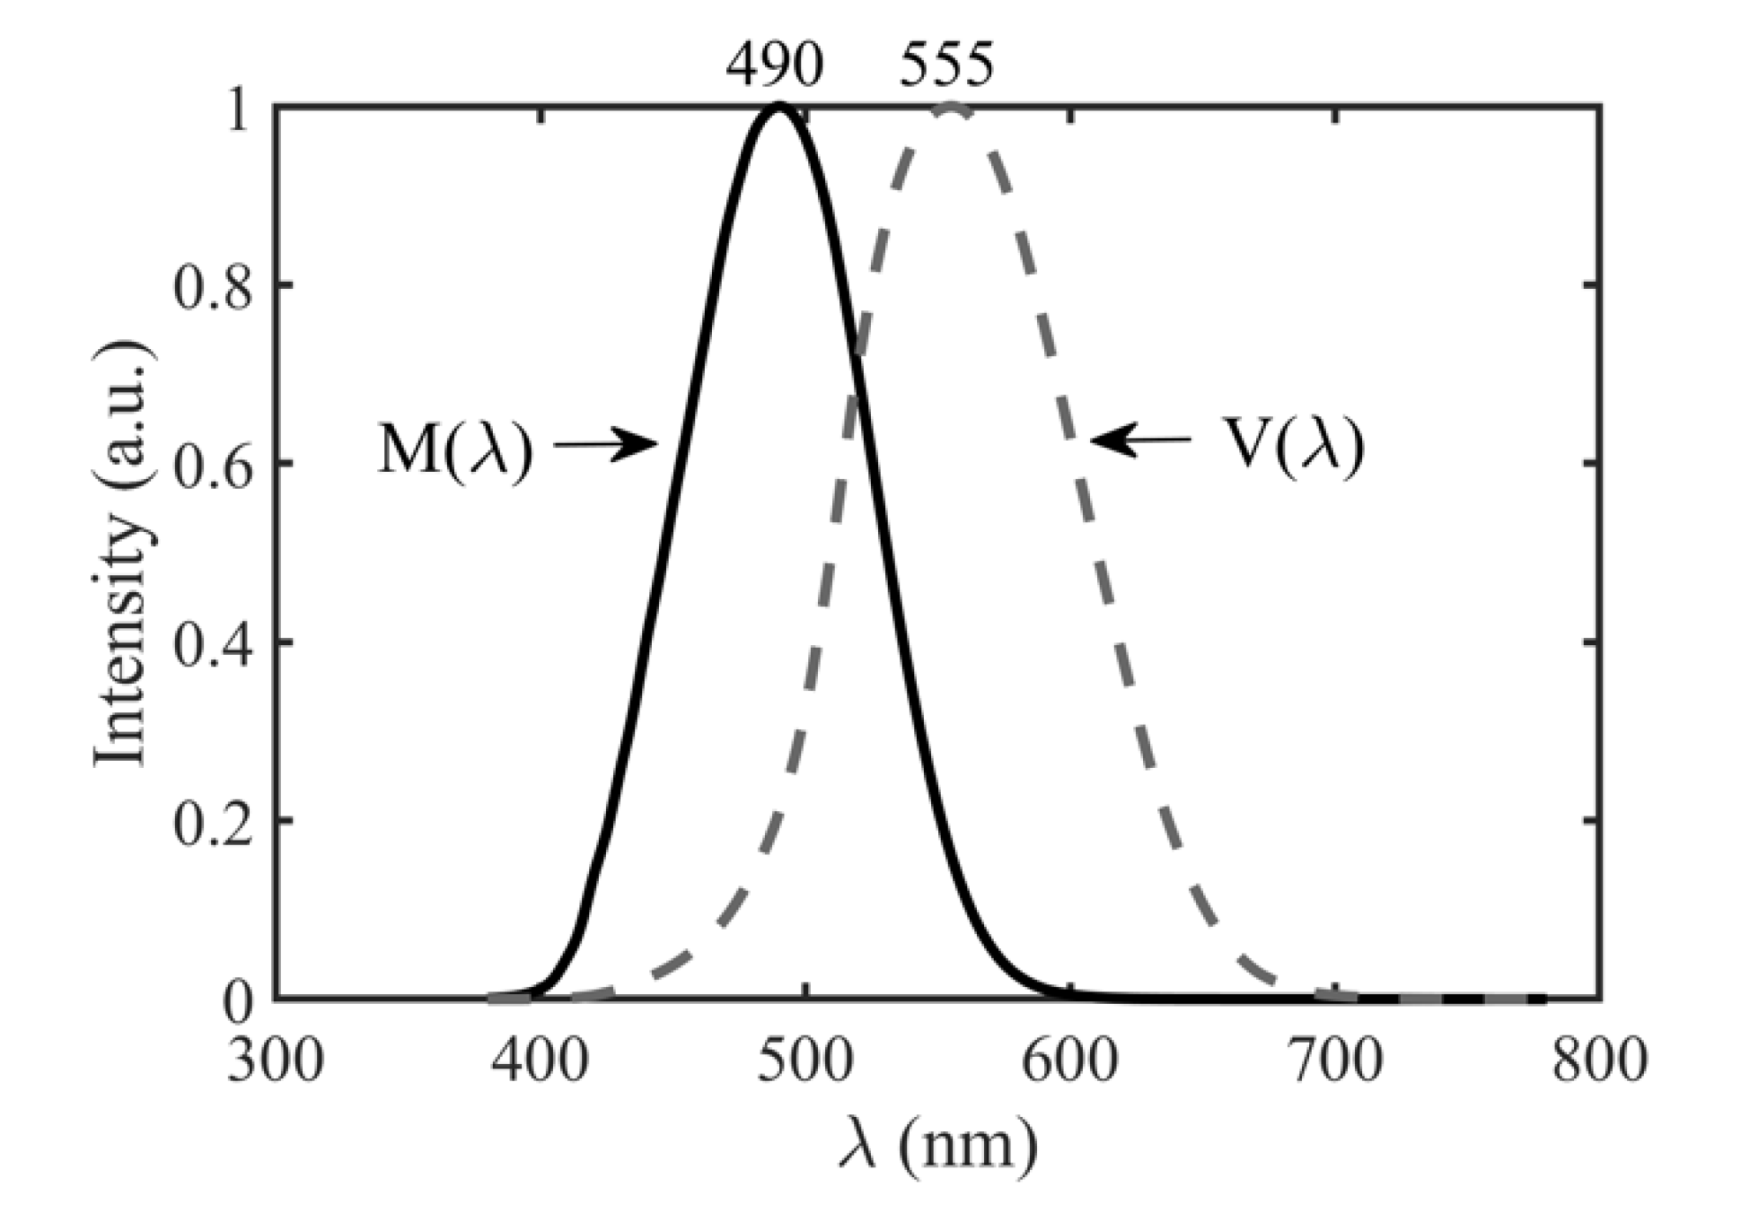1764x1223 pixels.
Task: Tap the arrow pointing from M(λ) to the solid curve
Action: coord(606,444)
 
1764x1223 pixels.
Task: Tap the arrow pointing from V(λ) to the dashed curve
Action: coord(1139,439)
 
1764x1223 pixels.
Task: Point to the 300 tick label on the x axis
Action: coord(275,1060)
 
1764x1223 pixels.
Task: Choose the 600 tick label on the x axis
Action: coord(1070,1060)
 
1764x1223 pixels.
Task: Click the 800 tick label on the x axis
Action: coord(1600,1060)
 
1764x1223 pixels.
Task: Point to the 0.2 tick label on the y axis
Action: coord(208,821)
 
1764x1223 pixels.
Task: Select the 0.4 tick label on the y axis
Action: coord(208,642)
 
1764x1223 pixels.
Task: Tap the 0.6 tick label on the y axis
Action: coord(208,464)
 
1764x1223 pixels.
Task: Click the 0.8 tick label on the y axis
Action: coord(208,285)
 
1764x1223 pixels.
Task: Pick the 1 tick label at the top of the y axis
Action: coord(236,109)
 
